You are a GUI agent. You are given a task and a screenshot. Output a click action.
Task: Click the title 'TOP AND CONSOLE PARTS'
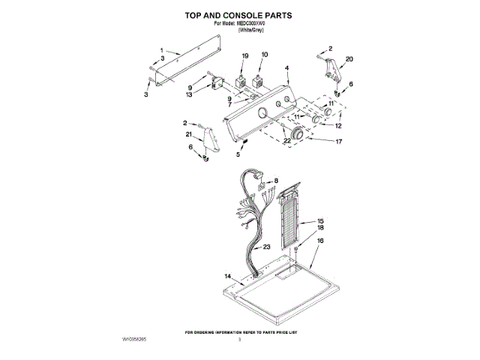click(239, 15)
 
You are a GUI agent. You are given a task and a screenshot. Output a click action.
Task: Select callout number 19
click(244, 55)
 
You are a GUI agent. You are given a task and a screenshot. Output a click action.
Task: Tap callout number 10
click(264, 55)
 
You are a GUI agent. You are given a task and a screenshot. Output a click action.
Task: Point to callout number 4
click(287, 68)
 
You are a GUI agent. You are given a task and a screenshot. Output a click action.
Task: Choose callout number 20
click(349, 59)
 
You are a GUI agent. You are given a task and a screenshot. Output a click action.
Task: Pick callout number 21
click(189, 134)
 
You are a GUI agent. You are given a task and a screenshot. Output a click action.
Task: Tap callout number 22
click(287, 141)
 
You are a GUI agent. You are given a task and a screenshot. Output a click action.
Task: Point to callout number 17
click(337, 141)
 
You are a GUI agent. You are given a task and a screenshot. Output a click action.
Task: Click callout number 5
click(239, 154)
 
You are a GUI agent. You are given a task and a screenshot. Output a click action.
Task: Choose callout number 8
click(276, 181)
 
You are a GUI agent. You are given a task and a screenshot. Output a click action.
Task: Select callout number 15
click(319, 220)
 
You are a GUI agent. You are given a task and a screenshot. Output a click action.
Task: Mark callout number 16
click(319, 241)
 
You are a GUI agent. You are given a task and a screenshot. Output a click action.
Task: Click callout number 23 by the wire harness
click(268, 247)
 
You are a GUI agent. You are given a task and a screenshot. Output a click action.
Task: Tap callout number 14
click(227, 276)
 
